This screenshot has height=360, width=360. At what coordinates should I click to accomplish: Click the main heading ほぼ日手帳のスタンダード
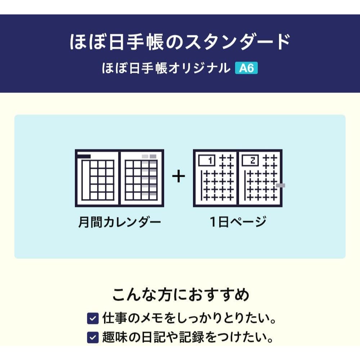coord(180,42)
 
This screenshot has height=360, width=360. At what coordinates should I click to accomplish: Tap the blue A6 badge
coord(246,68)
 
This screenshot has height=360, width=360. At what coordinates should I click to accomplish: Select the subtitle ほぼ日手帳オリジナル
coord(166,68)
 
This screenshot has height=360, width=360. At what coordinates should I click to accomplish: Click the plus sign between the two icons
coord(178,177)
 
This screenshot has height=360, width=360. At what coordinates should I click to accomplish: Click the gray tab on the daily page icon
coord(280,185)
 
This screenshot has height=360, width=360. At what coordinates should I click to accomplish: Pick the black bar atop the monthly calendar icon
coord(85,156)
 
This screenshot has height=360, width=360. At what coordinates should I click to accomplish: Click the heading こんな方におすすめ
coord(180,295)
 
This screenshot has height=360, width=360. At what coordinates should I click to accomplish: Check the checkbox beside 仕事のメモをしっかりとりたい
coord(93,318)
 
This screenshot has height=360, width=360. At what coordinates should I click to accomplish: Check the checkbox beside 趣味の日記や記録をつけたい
coord(93,337)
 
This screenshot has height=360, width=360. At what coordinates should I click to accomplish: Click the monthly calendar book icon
coord(119,178)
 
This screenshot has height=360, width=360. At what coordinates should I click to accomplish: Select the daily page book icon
coord(238,178)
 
